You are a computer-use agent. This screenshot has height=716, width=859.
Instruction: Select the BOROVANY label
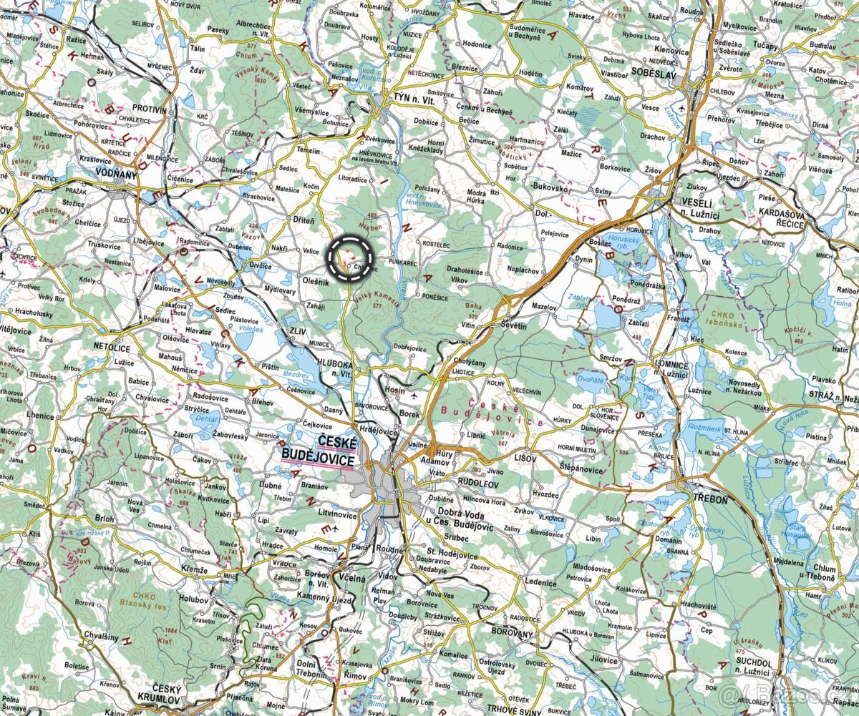tap(512, 634)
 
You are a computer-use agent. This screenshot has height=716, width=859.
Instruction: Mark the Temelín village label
tap(309, 151)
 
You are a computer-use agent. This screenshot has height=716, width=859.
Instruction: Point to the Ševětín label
tap(513, 325)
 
